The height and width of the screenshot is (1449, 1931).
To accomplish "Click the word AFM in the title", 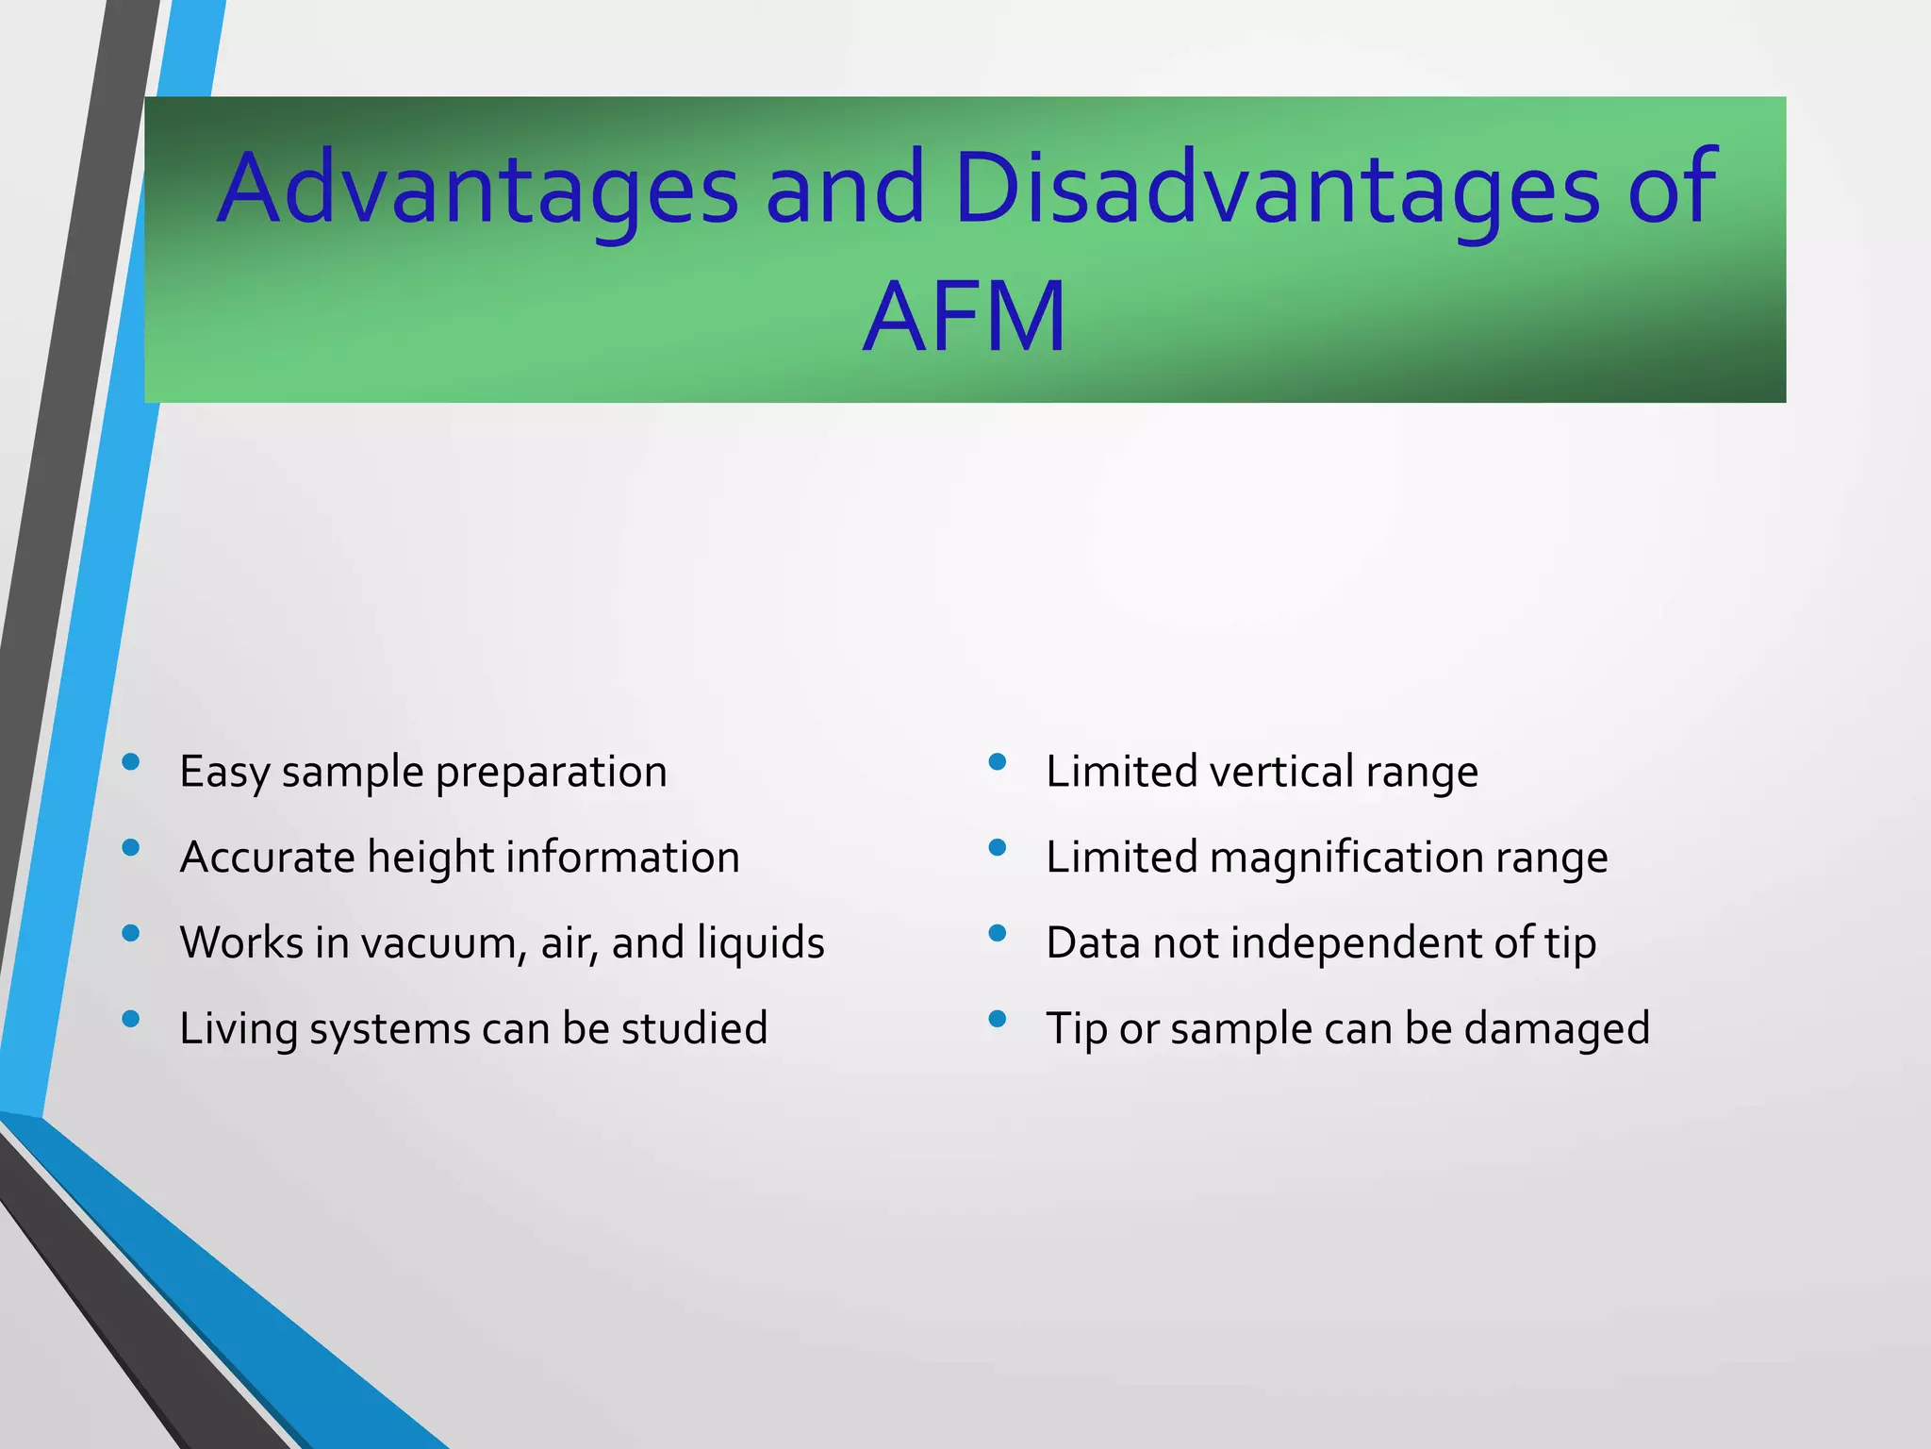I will pyautogui.click(x=964, y=317).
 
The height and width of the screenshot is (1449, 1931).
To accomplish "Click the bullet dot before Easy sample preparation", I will pyautogui.click(x=131, y=761).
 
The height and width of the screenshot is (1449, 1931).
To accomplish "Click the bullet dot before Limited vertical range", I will pyautogui.click(x=998, y=761).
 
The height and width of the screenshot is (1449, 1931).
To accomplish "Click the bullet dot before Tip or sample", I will pyautogui.click(x=998, y=1019).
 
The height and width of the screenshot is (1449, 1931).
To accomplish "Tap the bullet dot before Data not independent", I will pyautogui.click(x=998, y=933).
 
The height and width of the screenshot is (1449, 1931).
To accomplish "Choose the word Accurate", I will pyautogui.click(x=267, y=858).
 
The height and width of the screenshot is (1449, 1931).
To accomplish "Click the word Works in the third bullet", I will pyautogui.click(x=240, y=943).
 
